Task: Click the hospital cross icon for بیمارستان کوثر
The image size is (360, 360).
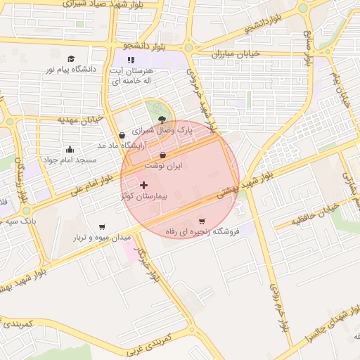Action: [x=144, y=185]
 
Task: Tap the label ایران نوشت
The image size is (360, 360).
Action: [x=163, y=165]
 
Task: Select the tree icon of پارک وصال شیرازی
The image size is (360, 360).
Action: [x=163, y=120]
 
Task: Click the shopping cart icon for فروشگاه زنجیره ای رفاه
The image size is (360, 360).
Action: [x=202, y=221]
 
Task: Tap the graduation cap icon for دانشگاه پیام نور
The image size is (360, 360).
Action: [x=70, y=58]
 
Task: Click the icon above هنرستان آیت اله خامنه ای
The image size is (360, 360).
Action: [x=130, y=60]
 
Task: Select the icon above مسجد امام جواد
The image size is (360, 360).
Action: [x=69, y=149]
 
